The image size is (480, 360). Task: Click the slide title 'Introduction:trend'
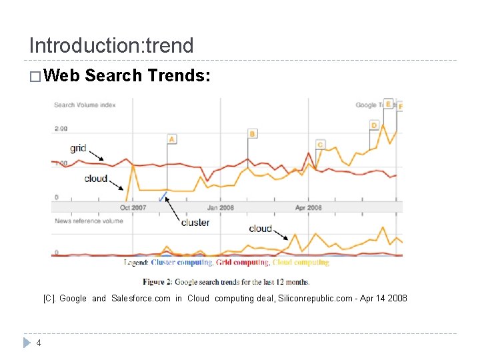point(111,45)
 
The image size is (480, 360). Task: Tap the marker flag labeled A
point(171,139)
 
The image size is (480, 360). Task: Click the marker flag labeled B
point(252,134)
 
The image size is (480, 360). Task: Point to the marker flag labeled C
point(320,144)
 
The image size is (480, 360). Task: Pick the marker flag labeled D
point(374,125)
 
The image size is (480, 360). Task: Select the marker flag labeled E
point(388,104)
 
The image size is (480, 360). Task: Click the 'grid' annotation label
point(78,148)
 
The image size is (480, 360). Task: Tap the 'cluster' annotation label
point(195,223)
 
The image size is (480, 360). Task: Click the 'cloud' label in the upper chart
point(96,178)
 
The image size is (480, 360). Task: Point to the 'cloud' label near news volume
point(260,229)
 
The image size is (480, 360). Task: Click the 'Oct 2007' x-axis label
point(133,207)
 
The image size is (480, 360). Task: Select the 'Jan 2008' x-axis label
point(221,207)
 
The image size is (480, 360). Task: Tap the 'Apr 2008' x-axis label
point(308,207)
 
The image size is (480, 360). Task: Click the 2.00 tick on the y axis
point(61,128)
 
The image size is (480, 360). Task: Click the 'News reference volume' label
point(89,221)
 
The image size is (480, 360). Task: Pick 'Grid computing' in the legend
point(243,263)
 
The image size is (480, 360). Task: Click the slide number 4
point(39,343)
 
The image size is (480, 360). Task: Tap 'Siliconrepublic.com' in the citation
point(313,299)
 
